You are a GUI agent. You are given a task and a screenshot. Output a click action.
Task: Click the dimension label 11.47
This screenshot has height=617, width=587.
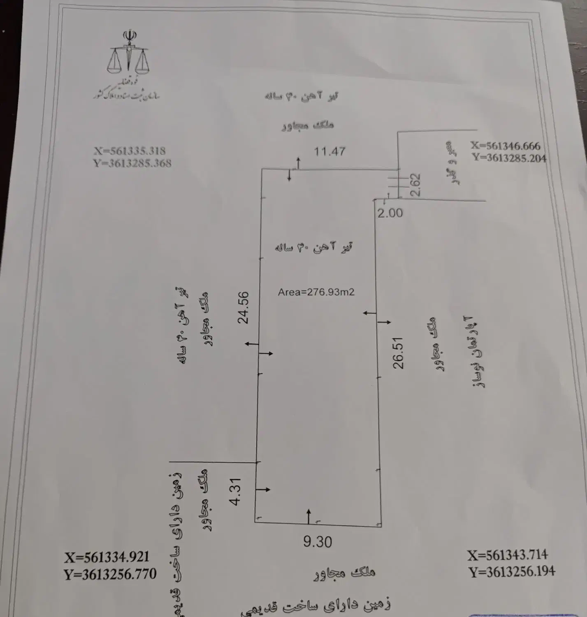click(x=329, y=151)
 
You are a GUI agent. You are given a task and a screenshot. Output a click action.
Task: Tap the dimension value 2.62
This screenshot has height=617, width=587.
click(x=415, y=185)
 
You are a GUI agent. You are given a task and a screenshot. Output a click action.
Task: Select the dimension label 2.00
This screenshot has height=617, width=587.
click(x=390, y=213)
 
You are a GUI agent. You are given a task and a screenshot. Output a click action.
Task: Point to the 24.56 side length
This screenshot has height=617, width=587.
click(x=244, y=307)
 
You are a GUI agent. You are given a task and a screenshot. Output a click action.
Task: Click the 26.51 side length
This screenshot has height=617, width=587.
click(x=398, y=353)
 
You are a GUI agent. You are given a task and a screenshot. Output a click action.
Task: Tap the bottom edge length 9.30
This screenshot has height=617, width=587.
click(x=317, y=542)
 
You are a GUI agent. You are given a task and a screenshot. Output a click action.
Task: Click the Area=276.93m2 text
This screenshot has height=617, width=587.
click(x=316, y=292)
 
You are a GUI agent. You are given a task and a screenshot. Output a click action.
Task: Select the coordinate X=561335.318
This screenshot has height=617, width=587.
click(x=130, y=151)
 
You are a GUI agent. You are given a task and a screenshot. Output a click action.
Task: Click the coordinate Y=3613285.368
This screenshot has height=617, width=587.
click(x=132, y=163)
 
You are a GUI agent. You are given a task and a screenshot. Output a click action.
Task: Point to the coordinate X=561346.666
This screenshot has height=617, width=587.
click(x=506, y=146)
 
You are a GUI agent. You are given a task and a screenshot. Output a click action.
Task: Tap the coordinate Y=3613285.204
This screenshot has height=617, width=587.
click(x=509, y=158)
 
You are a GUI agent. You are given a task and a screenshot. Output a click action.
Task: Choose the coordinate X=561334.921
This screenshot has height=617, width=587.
click(x=107, y=557)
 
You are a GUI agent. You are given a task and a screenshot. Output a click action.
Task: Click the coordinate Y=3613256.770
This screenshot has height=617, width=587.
click(x=110, y=574)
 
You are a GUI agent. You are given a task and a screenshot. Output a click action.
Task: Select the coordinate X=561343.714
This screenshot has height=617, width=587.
click(x=508, y=555)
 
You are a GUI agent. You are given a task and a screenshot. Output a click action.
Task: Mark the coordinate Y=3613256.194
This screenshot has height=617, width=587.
click(x=512, y=571)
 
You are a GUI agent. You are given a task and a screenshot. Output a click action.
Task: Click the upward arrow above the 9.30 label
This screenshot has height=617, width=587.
click(x=309, y=516)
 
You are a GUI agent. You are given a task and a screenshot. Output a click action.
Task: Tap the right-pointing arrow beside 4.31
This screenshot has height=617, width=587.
click(x=263, y=489)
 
